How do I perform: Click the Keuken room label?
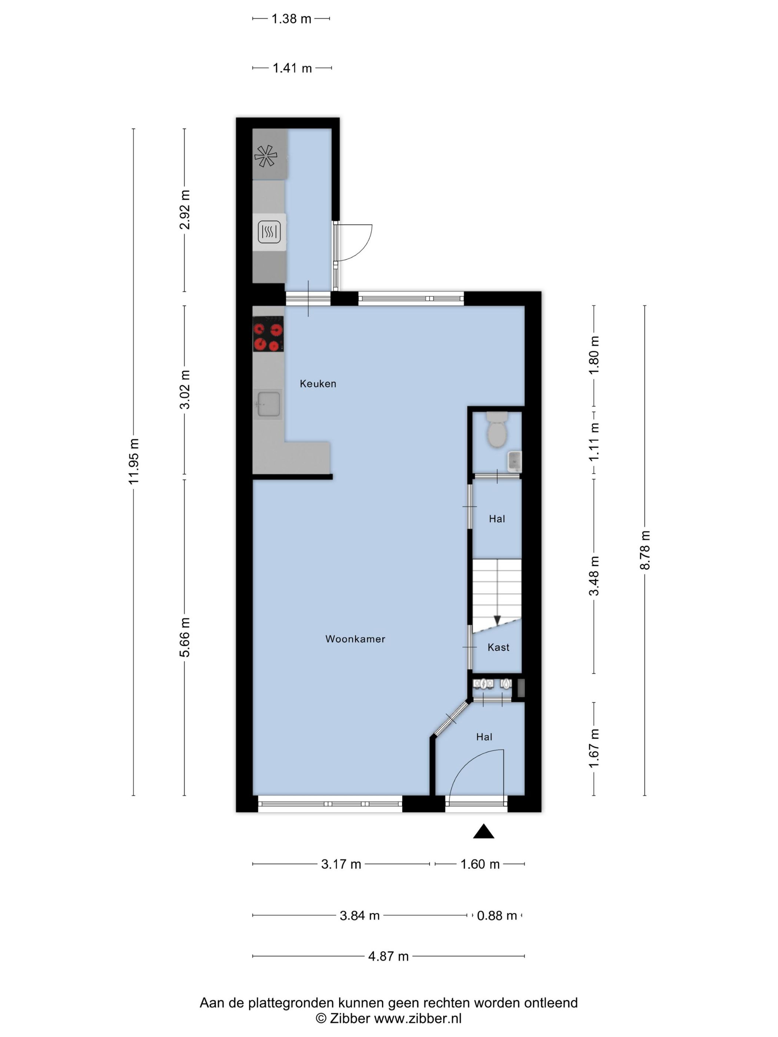pos(318,383)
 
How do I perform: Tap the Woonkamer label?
pos(355,638)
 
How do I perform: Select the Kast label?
pos(498,647)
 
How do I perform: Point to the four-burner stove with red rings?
pos(268,334)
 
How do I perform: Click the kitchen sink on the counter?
pos(268,404)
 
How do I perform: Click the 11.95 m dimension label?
pos(134,462)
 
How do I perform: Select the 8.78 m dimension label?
pos(645,550)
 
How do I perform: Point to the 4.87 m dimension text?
pos(388,956)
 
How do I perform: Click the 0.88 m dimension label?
pos(497,916)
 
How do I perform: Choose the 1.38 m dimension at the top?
pos(291,19)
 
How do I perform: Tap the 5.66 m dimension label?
pos(185,637)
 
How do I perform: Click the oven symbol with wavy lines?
pos(269,231)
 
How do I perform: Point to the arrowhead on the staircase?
pos(497,620)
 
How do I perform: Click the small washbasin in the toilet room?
pos(515,461)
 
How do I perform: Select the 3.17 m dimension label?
pos(341,864)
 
